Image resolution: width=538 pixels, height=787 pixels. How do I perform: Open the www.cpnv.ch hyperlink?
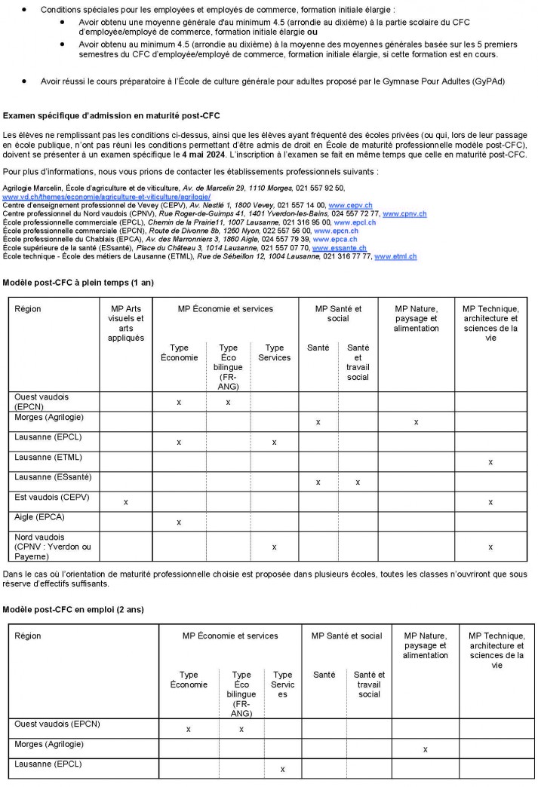point(404,214)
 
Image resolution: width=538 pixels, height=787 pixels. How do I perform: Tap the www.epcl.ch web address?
point(355,222)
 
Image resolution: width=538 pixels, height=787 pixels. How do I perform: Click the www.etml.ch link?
point(395,257)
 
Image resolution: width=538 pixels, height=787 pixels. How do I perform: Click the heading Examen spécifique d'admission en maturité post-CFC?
point(112,116)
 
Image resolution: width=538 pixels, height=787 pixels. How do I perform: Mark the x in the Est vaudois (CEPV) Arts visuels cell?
point(125,502)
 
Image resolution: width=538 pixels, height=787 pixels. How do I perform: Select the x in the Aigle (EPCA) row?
point(179,522)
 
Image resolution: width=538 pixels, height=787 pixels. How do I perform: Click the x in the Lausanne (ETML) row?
point(490,462)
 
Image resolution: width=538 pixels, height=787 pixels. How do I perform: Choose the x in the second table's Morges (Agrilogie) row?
point(426,749)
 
